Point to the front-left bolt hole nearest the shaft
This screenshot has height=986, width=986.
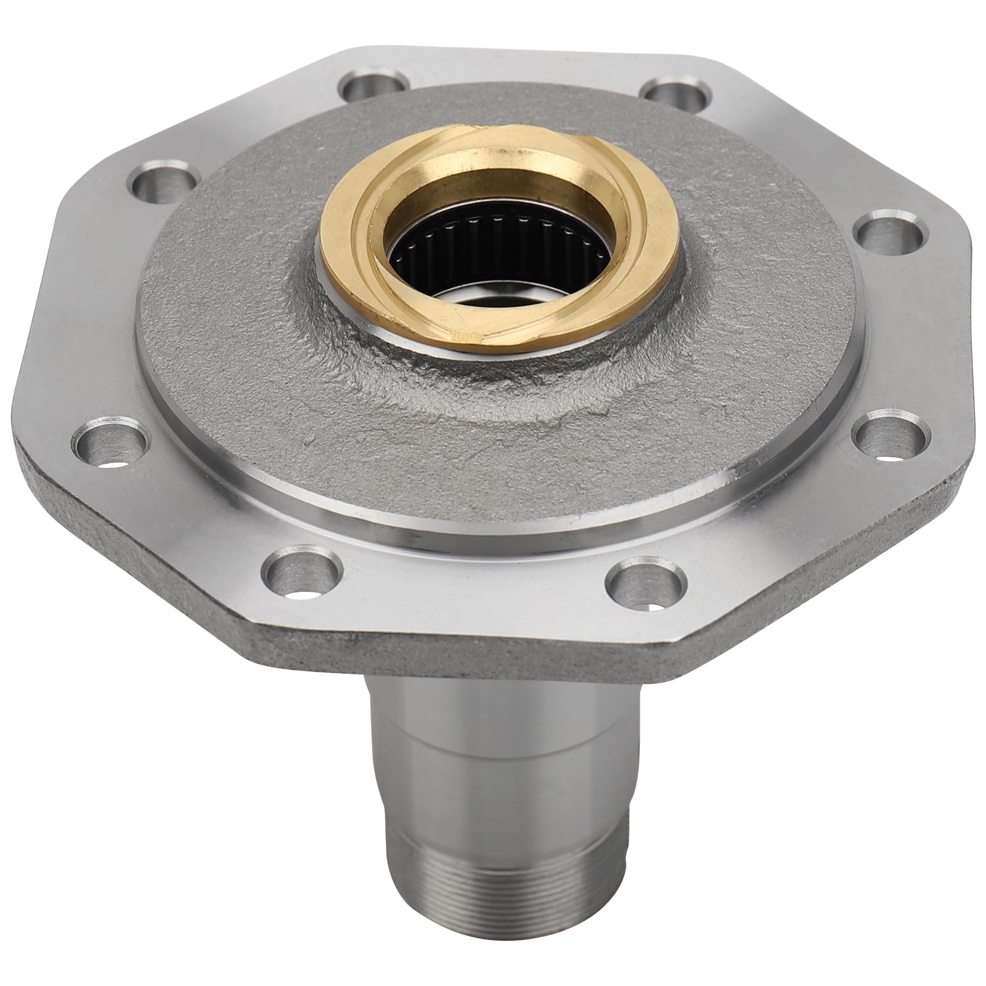pos(302,573)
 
